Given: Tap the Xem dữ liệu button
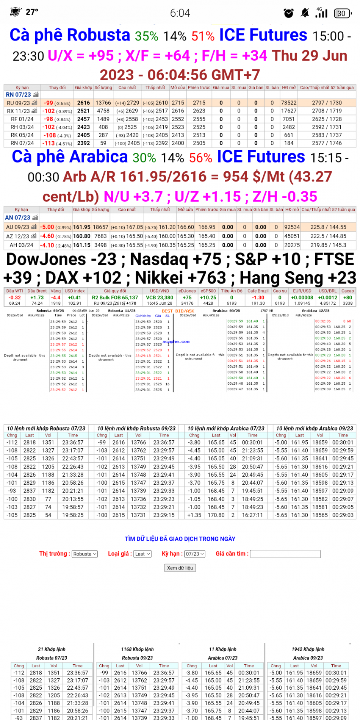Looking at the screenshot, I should click(x=180, y=568).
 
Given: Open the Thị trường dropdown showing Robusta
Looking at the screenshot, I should click(x=85, y=554).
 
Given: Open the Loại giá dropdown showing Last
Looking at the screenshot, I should click(x=142, y=554).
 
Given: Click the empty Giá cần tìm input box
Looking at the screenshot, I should click(x=285, y=554).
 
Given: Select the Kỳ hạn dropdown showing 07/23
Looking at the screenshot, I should click(x=195, y=554).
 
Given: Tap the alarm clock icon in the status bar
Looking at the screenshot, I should click(x=289, y=13).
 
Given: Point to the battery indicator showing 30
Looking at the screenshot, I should click(x=342, y=13).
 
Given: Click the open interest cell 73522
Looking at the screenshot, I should click(x=289, y=103).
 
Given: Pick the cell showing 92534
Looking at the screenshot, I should click(x=292, y=227).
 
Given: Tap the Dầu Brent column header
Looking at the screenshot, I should click(x=37, y=291).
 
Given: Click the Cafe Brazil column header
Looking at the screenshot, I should click(x=258, y=291).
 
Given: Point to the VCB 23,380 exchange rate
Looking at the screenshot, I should click(x=160, y=297).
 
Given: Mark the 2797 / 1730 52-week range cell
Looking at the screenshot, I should click(x=327, y=103).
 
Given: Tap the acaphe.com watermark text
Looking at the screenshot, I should click(x=176, y=341).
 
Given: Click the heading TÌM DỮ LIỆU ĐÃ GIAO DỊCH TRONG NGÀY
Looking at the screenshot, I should click(x=180, y=539).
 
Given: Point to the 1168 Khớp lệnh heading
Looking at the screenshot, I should click(x=137, y=649).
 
